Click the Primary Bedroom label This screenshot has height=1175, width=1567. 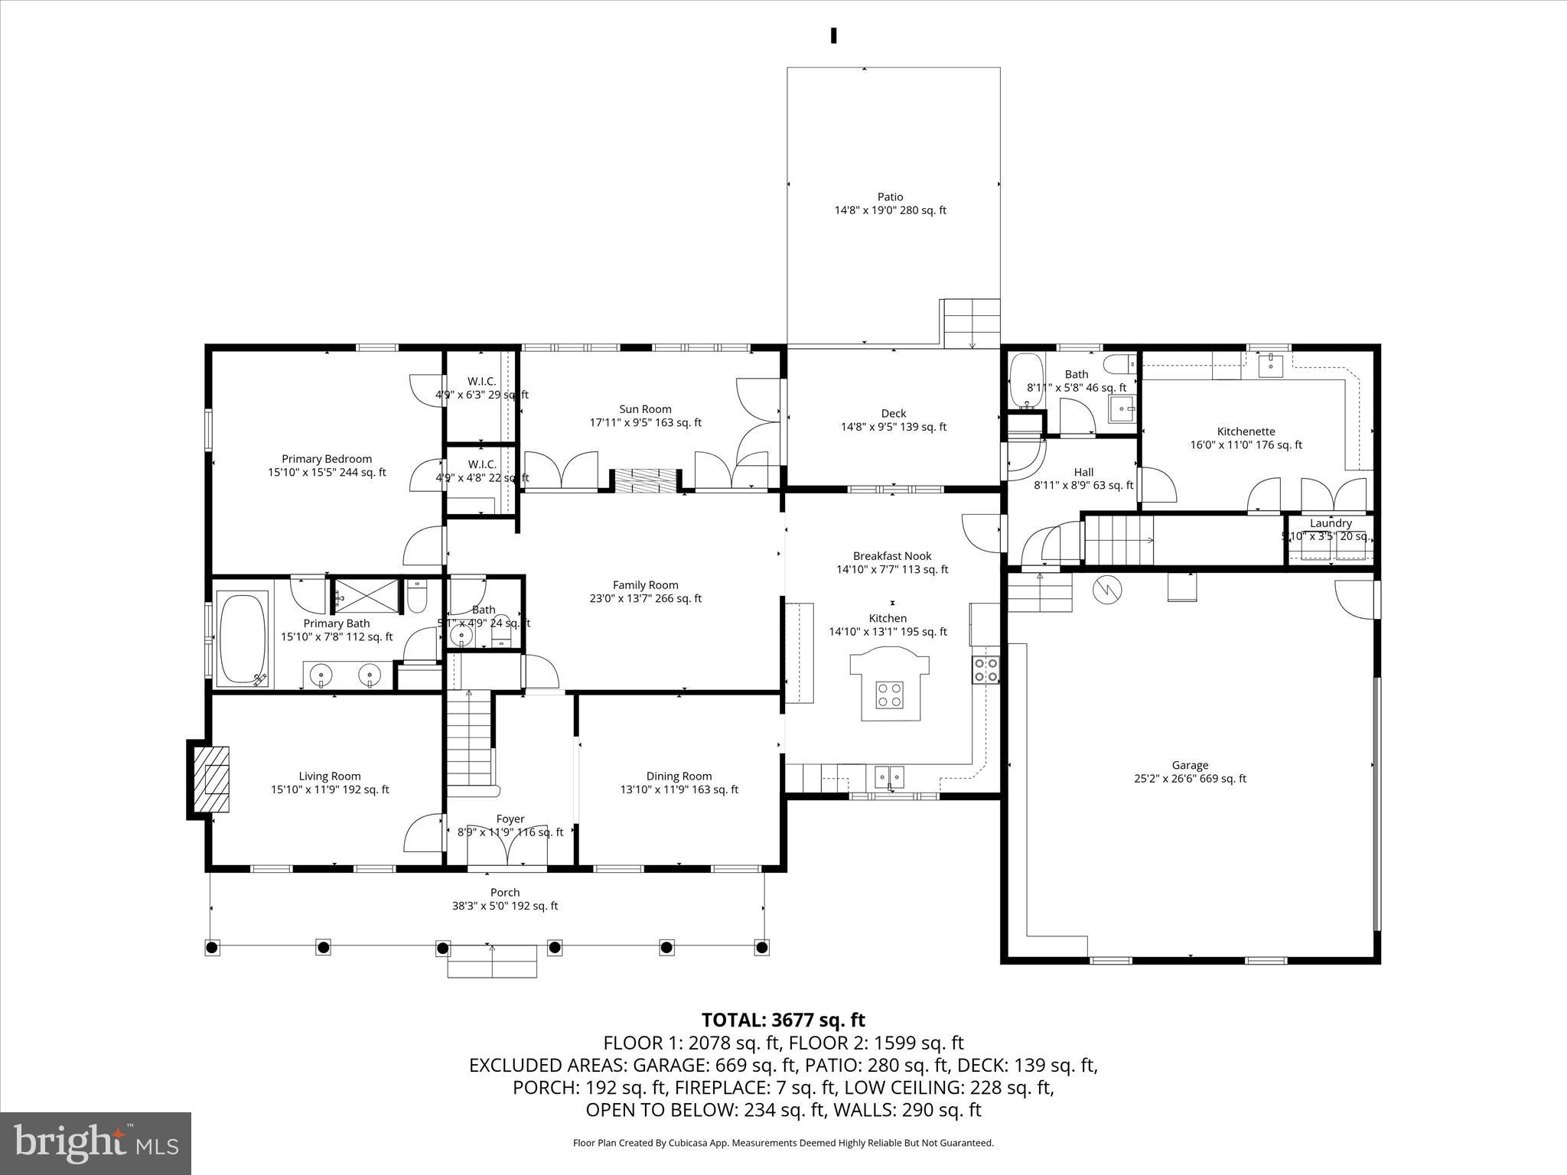pyautogui.click(x=327, y=459)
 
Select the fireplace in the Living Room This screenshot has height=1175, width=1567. pyautogui.click(x=210, y=780)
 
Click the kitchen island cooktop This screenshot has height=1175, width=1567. pyautogui.click(x=890, y=695)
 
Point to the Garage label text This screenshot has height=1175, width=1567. pyautogui.click(x=1190, y=765)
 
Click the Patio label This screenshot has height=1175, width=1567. pyautogui.click(x=890, y=197)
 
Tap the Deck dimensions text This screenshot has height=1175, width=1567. pyautogui.click(x=893, y=428)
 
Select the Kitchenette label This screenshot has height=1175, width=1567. pyautogui.click(x=1246, y=431)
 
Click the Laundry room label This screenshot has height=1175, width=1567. pyautogui.click(x=1331, y=523)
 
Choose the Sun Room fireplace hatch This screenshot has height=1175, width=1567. pyautogui.click(x=646, y=481)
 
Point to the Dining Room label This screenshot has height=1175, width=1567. pyautogui.click(x=679, y=776)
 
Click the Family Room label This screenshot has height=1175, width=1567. pyautogui.click(x=645, y=585)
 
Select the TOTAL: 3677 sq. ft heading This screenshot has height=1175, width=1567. pyautogui.click(x=783, y=1020)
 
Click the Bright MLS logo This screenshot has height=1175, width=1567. pyautogui.click(x=96, y=1143)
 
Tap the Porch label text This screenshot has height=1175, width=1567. pyautogui.click(x=505, y=892)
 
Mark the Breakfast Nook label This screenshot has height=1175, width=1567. pyautogui.click(x=892, y=556)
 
